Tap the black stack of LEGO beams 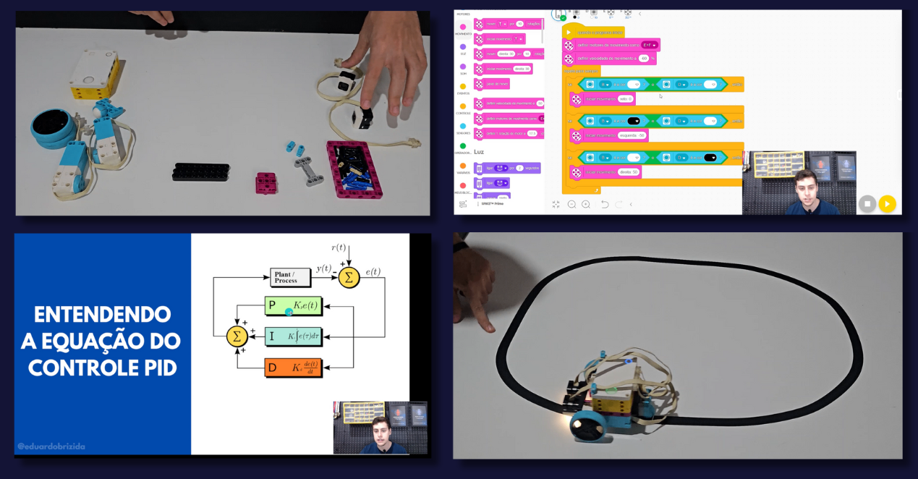click(x=201, y=171)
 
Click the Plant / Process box click(x=286, y=276)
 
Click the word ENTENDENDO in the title click(x=103, y=315)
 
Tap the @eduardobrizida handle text click(x=51, y=446)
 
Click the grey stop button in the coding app click(x=867, y=204)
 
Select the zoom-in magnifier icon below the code click(x=586, y=205)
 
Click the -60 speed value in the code click(x=643, y=59)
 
